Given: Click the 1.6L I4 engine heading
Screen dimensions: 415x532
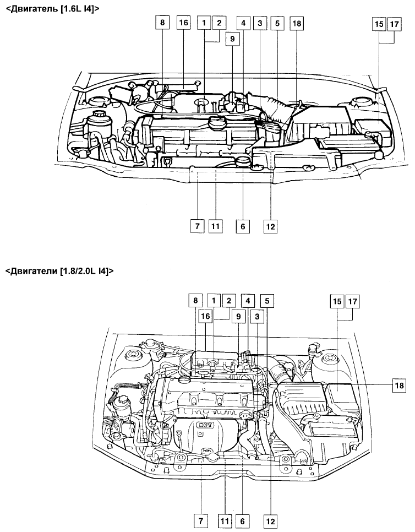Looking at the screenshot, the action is click(52, 9).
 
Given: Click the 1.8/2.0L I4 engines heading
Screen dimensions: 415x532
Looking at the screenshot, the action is click(59, 271).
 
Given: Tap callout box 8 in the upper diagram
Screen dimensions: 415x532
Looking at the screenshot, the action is click(162, 23).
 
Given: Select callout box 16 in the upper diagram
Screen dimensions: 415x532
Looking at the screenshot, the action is click(183, 23).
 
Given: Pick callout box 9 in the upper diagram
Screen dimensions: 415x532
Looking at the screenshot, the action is click(232, 39).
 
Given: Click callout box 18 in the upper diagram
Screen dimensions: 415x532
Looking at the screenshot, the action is click(297, 23).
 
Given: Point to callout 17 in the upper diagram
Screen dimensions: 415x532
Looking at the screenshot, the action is click(394, 24).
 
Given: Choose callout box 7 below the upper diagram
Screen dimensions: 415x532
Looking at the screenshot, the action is click(198, 226).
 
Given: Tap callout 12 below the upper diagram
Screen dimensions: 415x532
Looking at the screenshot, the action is click(270, 226).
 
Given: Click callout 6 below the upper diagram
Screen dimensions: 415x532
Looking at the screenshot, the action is click(243, 226).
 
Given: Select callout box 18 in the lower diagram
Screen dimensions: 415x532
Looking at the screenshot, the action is click(400, 386).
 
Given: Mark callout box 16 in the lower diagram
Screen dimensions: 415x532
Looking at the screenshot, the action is click(206, 316).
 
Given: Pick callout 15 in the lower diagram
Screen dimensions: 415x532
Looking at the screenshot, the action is click(337, 301).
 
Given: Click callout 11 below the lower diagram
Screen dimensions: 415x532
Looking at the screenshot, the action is click(225, 520).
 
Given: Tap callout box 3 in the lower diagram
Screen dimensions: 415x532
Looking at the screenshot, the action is click(257, 317).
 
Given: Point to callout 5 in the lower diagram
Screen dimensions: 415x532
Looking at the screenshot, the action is click(267, 301).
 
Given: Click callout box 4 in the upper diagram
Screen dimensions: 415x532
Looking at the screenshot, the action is click(243, 23).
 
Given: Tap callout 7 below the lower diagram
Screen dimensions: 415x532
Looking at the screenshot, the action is click(200, 520).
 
